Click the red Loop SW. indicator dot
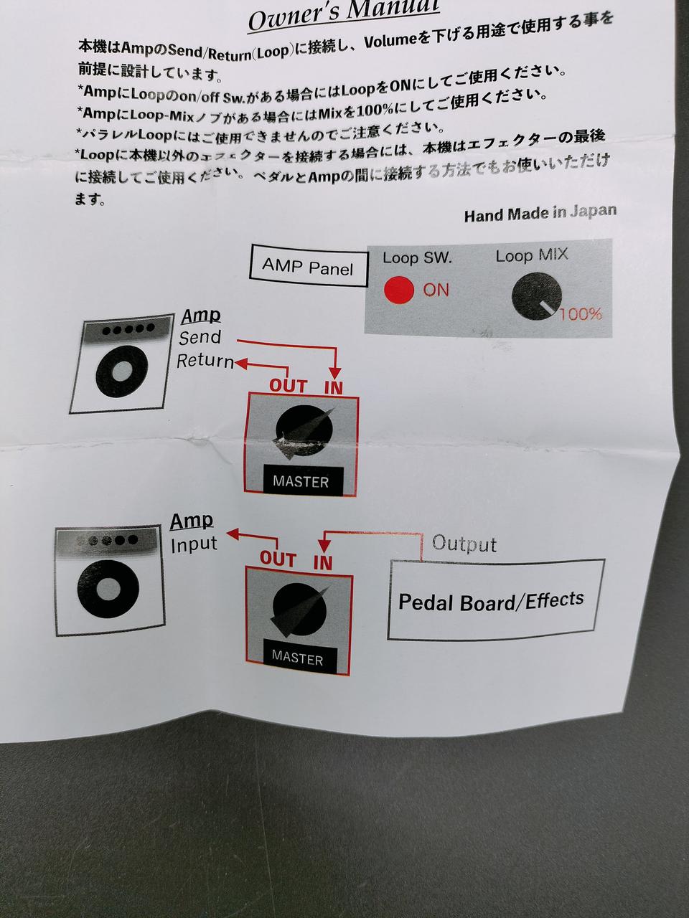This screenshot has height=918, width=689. [398, 290]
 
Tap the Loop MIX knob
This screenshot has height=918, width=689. [536, 296]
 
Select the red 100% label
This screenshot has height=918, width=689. [581, 313]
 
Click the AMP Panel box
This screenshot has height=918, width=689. [309, 266]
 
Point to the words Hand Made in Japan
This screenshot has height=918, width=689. [540, 213]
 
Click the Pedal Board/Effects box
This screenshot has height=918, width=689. [495, 600]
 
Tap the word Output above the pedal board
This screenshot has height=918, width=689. [464, 544]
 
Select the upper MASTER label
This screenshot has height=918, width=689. [301, 481]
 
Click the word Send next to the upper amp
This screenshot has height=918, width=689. [200, 337]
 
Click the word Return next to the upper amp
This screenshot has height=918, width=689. [205, 361]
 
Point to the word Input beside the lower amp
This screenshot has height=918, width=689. [194, 544]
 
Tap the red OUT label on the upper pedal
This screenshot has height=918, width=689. [289, 386]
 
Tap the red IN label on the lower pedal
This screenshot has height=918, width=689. [323, 563]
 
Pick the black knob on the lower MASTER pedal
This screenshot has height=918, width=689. [299, 610]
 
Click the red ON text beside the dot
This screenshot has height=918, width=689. [436, 290]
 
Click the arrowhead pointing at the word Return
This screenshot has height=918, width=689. [240, 363]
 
